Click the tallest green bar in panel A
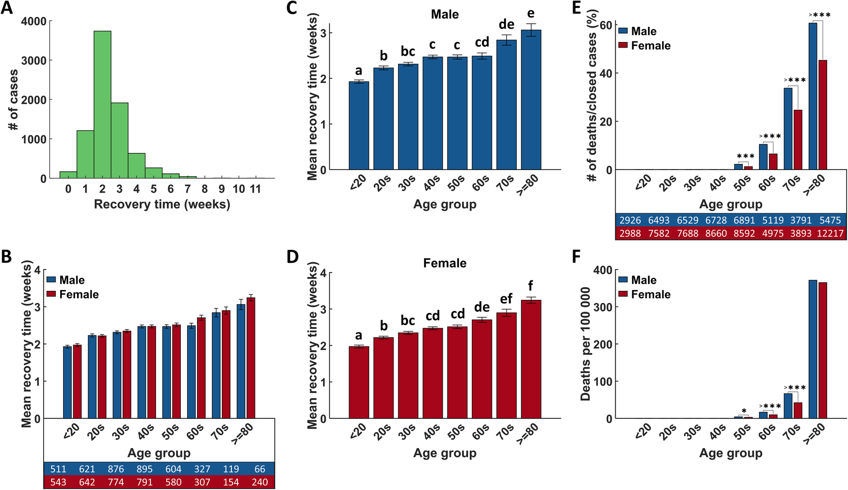click(x=102, y=105)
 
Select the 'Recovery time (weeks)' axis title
click(x=162, y=204)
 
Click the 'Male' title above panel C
click(x=444, y=14)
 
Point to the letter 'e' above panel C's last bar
click(x=531, y=14)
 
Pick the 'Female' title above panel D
click(x=444, y=263)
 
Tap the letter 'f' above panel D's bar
click(x=530, y=286)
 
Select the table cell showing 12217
click(x=830, y=233)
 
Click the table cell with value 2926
click(x=630, y=220)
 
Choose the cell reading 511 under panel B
click(x=58, y=469)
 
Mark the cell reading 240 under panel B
click(x=260, y=482)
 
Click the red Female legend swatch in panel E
click(x=623, y=45)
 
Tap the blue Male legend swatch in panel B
click(x=51, y=280)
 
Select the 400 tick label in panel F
click(x=602, y=270)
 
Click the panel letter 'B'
click(x=7, y=257)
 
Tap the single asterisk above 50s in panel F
click(x=744, y=411)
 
